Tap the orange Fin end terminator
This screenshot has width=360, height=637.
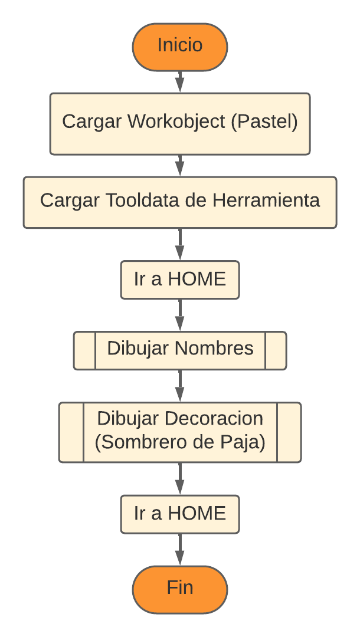click(x=180, y=589)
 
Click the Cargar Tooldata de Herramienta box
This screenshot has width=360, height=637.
click(x=180, y=202)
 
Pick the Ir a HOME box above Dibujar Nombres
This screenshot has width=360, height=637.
click(x=180, y=280)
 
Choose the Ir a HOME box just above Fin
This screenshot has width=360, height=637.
click(x=180, y=514)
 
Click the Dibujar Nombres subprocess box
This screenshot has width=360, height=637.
click(x=180, y=350)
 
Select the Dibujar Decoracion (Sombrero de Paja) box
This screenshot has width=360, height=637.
click(x=180, y=431)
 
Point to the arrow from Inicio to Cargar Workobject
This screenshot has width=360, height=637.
click(x=180, y=81)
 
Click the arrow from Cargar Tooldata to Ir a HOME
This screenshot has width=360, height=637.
click(x=180, y=244)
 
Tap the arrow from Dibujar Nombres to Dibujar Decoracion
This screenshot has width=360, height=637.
click(x=180, y=386)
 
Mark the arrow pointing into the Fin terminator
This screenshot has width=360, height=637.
click(x=180, y=549)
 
